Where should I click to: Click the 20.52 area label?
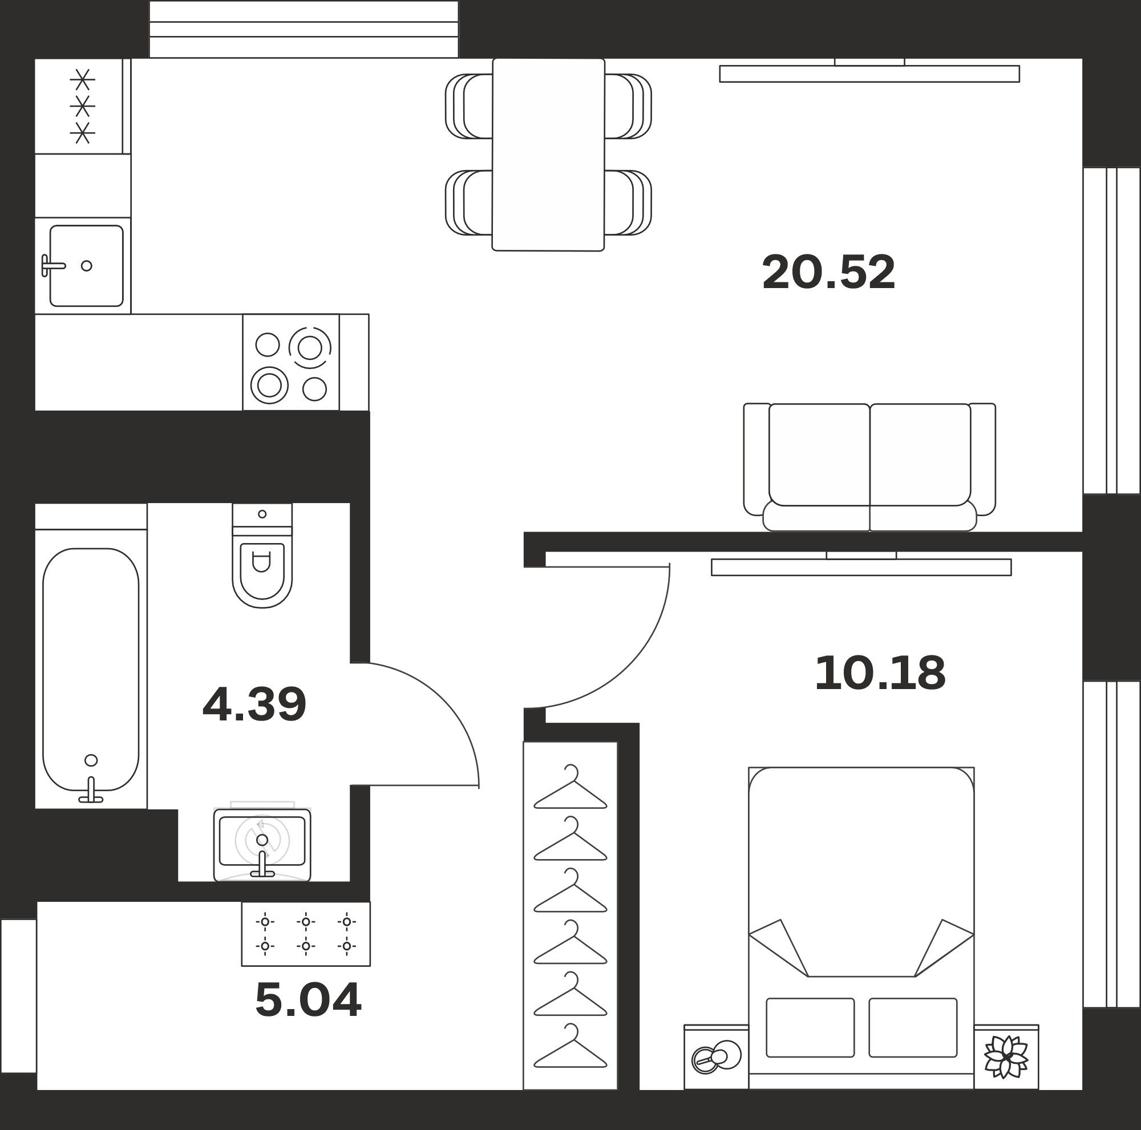[828, 272]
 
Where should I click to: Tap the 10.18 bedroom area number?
[880, 674]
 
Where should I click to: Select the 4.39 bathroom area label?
[254, 704]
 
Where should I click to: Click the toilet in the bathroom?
[262, 556]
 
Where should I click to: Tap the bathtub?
[91, 670]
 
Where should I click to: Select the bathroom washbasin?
[262, 845]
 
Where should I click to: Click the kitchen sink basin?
[86, 266]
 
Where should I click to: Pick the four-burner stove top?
[290, 362]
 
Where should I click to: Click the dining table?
[549, 155]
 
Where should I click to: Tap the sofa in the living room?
[869, 467]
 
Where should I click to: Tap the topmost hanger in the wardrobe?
[570, 787]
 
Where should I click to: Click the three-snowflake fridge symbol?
[83, 106]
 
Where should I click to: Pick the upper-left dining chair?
[469, 106]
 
